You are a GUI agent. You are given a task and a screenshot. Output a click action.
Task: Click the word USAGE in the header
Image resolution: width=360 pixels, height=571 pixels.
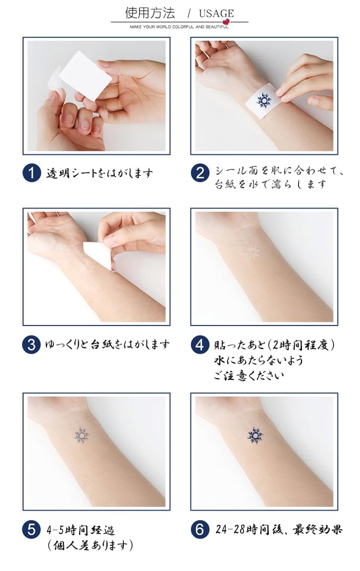[x=216, y=13]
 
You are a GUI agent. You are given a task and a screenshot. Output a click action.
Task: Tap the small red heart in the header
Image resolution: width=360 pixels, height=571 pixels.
[x=226, y=21]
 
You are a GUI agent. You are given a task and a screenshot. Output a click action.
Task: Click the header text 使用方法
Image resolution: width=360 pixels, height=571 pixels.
[x=150, y=13]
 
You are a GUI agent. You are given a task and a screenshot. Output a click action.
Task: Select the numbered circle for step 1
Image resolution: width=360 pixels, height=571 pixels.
[x=31, y=173]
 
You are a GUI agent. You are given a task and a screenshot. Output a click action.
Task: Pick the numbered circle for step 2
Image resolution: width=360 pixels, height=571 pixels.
[x=200, y=173]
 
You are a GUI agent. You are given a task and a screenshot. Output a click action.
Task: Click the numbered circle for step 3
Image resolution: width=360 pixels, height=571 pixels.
[x=31, y=345]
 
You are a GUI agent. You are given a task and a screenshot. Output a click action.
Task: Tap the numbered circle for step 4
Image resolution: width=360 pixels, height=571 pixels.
[x=200, y=345]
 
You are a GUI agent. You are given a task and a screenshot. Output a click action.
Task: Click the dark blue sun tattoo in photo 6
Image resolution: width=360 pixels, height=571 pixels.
[x=255, y=435]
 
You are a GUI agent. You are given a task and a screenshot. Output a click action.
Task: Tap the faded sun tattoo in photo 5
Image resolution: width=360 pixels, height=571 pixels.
[x=81, y=436]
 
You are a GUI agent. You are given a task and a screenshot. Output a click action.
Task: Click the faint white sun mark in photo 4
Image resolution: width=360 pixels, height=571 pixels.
[x=253, y=251]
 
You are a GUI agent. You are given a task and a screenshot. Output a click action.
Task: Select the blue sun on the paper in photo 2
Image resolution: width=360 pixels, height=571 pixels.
[x=263, y=101]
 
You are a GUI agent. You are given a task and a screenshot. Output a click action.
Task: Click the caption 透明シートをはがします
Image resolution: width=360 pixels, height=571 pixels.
[x=100, y=173]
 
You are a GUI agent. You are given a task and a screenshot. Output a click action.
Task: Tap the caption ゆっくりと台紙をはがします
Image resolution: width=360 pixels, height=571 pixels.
[x=108, y=345]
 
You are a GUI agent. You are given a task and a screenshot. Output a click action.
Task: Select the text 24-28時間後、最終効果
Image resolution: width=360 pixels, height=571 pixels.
[x=279, y=530]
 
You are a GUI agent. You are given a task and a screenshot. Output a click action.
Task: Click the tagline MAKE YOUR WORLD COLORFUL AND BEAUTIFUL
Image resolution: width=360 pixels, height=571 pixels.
[x=179, y=27]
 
